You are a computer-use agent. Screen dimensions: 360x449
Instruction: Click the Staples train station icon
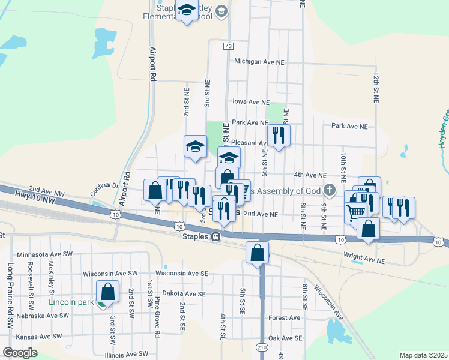point(214,236)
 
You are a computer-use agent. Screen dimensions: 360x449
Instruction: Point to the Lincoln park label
point(71,302)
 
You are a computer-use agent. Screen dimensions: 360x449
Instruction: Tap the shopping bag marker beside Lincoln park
point(108,292)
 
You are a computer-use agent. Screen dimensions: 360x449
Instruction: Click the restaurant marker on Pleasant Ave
point(279,136)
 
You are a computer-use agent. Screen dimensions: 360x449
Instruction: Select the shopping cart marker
point(356,211)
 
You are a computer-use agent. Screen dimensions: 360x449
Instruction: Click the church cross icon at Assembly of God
point(328,191)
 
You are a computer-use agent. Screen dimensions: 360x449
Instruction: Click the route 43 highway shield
point(228,46)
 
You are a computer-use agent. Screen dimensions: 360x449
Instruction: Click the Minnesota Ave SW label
point(44,255)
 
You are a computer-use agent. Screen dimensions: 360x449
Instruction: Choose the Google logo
point(20,352)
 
